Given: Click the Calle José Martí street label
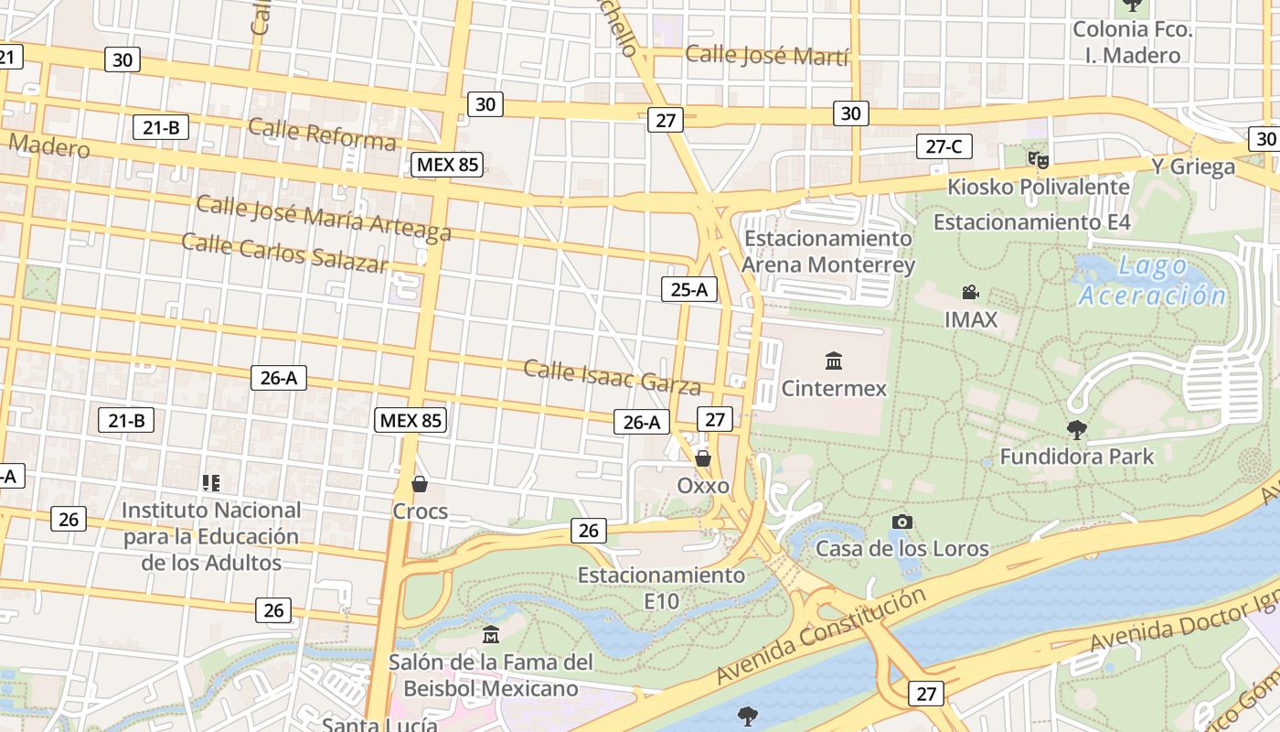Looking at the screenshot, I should [767, 55].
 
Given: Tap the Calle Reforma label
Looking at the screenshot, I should [322, 134].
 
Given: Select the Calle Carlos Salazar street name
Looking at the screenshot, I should [284, 253].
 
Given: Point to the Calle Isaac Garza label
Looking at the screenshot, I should [612, 376].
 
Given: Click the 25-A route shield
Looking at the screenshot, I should [689, 290].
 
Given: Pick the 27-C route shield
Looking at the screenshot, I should [944, 146].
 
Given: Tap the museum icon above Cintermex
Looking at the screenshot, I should [833, 361].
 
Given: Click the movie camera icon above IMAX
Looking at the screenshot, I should [970, 293].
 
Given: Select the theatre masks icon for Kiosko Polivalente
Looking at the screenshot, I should [1038, 160].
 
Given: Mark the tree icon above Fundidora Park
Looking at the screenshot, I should [1077, 429].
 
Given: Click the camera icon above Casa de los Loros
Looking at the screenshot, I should [902, 522].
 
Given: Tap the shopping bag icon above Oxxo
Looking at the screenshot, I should [703, 458].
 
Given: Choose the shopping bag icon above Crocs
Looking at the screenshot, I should [420, 484].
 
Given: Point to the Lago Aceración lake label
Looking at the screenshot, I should [1152, 281].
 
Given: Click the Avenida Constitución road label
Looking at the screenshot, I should [820, 636].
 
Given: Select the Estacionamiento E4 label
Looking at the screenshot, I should [1031, 222].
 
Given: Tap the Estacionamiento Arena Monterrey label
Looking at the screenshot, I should [827, 252].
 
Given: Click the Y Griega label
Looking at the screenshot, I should [1192, 167].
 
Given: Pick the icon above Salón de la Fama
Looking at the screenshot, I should [491, 634].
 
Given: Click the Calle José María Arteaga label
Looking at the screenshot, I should [324, 218].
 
